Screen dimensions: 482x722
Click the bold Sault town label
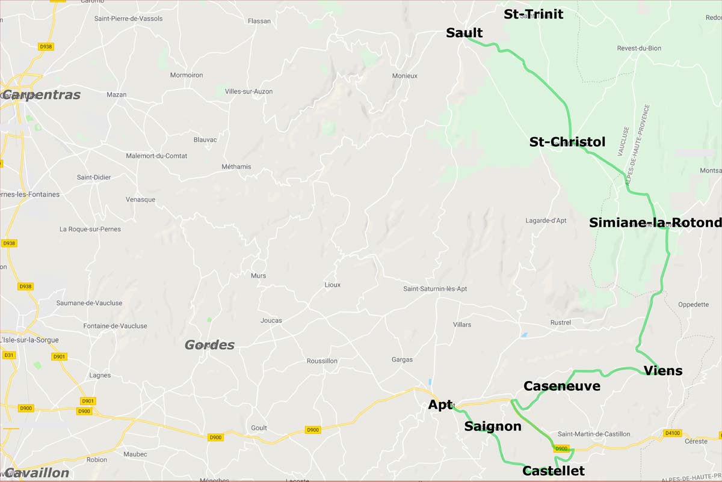(464, 33)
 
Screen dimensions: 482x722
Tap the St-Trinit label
(533, 14)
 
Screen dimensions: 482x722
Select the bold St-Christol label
(567, 142)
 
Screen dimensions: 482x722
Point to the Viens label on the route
(662, 371)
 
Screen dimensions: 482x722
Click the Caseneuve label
(561, 386)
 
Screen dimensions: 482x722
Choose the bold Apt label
(440, 405)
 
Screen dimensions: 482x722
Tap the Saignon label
(492, 427)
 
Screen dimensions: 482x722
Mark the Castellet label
(553, 471)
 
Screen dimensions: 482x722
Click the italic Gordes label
(209, 345)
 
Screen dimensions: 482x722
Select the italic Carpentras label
(42, 95)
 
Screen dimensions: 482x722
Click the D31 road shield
(8, 355)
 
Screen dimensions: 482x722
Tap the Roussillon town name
(322, 361)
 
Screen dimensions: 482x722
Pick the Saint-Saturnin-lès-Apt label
(435, 289)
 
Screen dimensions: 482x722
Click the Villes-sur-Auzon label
(248, 91)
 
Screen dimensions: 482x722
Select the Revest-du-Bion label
(638, 49)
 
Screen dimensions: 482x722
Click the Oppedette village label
(693, 305)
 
